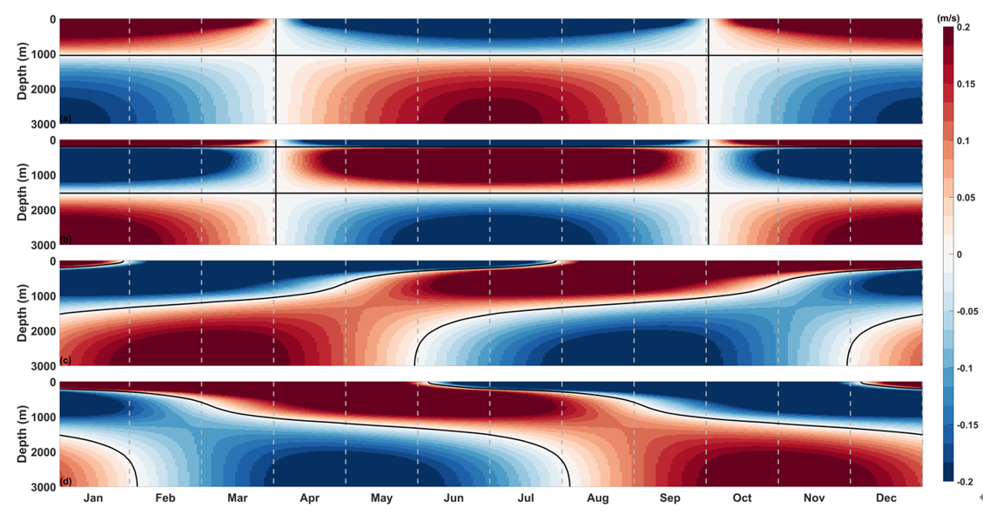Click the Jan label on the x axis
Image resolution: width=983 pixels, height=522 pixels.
pos(94,498)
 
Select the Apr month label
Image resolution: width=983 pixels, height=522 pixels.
pos(309,498)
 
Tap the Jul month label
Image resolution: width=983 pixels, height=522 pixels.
pos(525,498)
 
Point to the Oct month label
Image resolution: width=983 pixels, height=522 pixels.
pos(742,498)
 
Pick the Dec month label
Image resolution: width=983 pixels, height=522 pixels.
pos(885,498)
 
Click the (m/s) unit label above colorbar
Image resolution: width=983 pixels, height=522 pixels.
pos(948,17)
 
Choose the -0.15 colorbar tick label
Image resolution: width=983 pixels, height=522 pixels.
pos(968,424)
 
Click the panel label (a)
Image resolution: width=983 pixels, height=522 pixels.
pos(65,118)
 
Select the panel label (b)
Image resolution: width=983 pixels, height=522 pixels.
pos(65,239)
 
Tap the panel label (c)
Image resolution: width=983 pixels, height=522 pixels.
pos(65,360)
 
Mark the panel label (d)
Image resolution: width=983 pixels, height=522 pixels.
pos(65,480)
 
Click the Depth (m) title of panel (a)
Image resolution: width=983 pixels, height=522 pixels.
pos(24,71)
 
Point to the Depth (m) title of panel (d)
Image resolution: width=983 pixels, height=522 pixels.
pos(24,434)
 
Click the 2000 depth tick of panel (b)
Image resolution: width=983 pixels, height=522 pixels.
pos(43,210)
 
